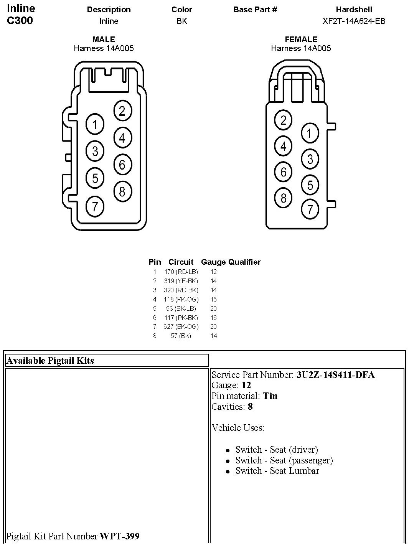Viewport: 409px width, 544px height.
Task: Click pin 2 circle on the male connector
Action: click(x=122, y=111)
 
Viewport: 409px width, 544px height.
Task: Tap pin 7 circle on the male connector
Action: click(x=95, y=206)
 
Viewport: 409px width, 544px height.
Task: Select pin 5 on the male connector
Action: click(x=95, y=178)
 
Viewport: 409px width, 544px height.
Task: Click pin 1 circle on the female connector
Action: click(x=310, y=133)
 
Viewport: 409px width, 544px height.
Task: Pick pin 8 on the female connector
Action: click(x=283, y=198)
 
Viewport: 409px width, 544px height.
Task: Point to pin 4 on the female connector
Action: click(x=283, y=146)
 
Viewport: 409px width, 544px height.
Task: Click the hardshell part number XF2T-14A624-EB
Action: click(x=354, y=21)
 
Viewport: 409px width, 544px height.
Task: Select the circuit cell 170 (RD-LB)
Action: click(x=181, y=272)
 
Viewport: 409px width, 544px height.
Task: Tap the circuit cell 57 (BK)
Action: click(x=181, y=336)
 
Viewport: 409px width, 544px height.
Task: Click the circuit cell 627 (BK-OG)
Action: click(x=181, y=326)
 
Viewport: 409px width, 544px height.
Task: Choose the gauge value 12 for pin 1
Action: click(x=214, y=272)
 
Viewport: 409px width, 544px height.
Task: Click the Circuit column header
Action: click(x=181, y=262)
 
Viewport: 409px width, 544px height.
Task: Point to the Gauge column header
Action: click(x=213, y=262)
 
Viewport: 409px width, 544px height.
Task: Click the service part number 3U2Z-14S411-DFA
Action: click(x=335, y=375)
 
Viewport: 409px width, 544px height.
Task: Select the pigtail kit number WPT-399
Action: click(x=119, y=536)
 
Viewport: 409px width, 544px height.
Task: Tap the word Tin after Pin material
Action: click(x=270, y=396)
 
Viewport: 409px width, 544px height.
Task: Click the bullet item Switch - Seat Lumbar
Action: click(x=277, y=471)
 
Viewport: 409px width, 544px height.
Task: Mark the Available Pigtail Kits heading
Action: click(x=50, y=361)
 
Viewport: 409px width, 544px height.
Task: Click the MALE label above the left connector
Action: click(x=104, y=40)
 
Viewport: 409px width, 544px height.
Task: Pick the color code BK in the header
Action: click(x=182, y=21)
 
